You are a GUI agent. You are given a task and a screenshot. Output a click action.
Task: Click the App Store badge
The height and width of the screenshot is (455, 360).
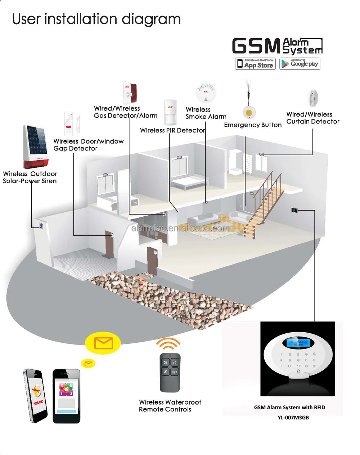(255, 64)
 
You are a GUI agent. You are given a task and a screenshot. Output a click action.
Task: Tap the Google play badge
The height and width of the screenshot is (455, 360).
(300, 64)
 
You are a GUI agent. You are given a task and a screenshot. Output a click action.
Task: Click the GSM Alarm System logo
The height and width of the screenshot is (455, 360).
(277, 46)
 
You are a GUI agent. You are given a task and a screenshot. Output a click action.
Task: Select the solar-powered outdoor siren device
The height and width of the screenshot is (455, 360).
(36, 147)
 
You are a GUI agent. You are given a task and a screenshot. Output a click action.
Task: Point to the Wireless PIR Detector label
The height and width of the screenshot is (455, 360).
(172, 130)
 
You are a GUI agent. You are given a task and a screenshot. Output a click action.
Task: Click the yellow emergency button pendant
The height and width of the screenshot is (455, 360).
(249, 112)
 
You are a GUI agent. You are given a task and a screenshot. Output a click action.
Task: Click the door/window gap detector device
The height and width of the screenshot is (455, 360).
(71, 123)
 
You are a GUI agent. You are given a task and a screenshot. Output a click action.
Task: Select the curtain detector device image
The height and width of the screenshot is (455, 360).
(313, 98)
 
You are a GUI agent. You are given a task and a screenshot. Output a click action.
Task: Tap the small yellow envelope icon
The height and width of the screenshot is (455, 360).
(88, 364)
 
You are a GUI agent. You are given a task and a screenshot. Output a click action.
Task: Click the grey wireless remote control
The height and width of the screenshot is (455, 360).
(170, 373)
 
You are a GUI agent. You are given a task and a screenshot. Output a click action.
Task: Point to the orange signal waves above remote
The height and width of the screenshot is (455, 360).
(168, 344)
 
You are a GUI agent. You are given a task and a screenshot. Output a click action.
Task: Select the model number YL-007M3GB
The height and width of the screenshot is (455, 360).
(293, 418)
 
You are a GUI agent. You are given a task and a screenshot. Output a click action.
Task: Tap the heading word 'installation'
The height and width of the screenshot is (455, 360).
(81, 19)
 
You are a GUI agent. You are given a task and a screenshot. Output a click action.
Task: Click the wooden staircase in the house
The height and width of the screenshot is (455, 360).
(263, 205)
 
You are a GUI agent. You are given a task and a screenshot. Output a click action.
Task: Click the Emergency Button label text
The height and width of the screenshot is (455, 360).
(253, 125)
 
